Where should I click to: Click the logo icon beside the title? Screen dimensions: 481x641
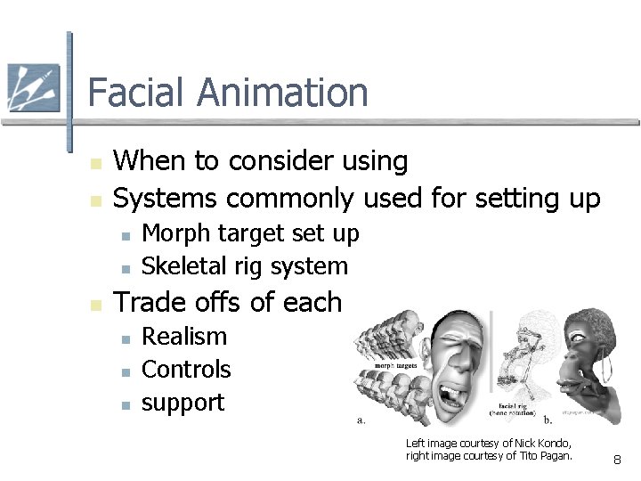[x=33, y=88]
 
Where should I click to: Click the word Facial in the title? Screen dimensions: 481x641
[x=136, y=93]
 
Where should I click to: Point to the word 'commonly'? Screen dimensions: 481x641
[x=290, y=198]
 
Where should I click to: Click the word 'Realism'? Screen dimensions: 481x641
[x=184, y=337]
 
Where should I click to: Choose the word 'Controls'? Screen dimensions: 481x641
[x=186, y=370]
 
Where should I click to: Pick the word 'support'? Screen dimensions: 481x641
[x=183, y=403]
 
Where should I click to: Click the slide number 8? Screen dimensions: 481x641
[x=618, y=461]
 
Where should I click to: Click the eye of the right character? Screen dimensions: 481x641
[x=580, y=337]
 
